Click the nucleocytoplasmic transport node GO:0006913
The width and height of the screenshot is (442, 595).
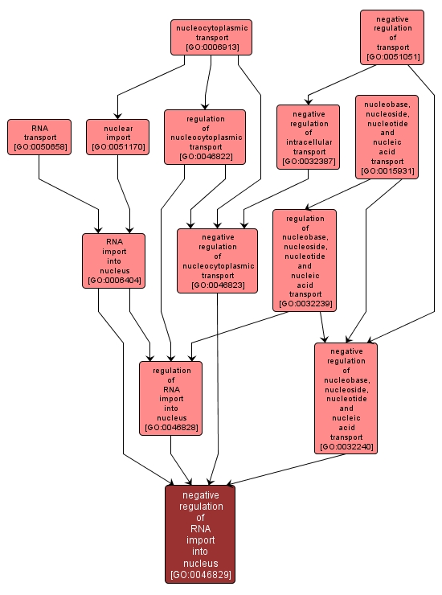211,37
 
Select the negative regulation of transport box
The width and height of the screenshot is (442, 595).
391,37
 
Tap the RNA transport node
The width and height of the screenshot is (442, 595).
39,137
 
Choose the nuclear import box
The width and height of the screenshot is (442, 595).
118,137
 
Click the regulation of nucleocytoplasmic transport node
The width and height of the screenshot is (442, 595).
204,137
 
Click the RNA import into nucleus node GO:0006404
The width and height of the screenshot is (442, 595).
113,260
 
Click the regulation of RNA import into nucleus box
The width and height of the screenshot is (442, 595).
170,398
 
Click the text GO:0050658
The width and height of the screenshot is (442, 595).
39,147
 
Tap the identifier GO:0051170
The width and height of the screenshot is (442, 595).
118,147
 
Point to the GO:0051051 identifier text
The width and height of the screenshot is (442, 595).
391,57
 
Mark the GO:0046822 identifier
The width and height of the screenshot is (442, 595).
204,157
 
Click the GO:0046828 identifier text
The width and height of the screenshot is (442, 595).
170,428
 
